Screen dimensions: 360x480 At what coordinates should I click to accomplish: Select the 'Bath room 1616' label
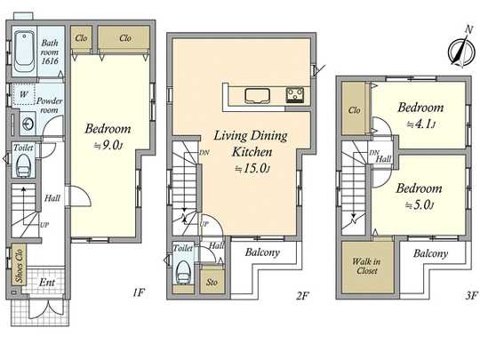pyautogui.click(x=49, y=47)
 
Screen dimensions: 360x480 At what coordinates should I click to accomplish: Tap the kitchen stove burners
pyautogui.click(x=294, y=95)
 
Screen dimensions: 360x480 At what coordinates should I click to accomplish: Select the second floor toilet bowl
pyautogui.click(x=183, y=271)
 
